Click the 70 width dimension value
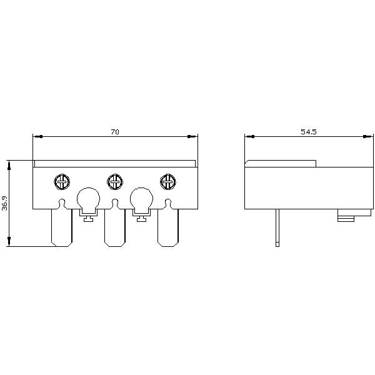(x=114, y=132)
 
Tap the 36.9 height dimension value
(x=5, y=204)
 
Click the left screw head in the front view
(x=62, y=181)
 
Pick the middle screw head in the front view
(x=114, y=181)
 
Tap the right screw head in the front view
(x=167, y=181)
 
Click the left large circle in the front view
(x=88, y=199)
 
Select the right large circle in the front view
(x=141, y=199)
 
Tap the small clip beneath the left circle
(x=88, y=217)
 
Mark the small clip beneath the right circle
(x=141, y=217)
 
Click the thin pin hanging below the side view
(x=277, y=227)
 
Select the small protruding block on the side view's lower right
(x=346, y=217)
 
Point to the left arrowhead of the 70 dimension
(x=36, y=136)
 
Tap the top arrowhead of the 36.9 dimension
(x=9, y=164)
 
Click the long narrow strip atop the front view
(x=114, y=164)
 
